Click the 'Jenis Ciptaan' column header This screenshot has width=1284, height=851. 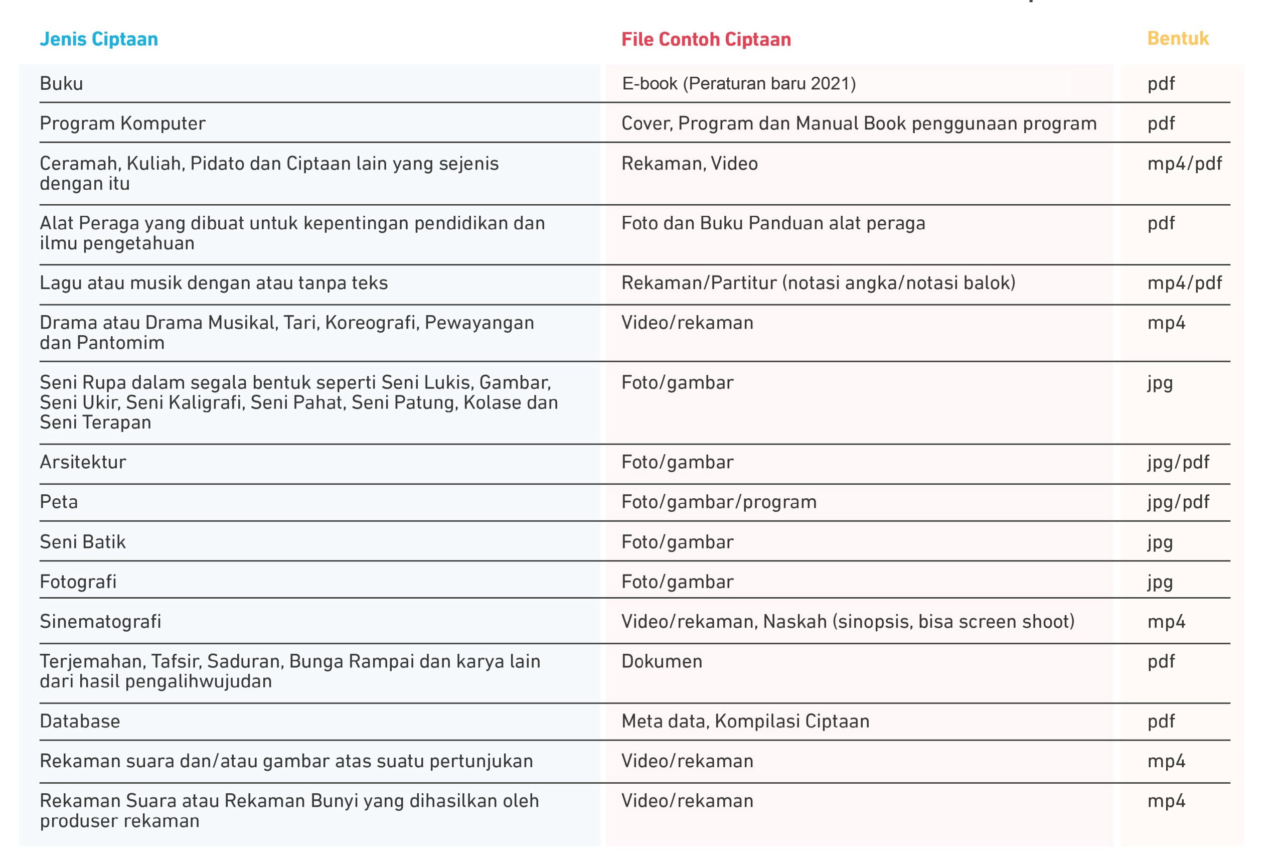(x=99, y=39)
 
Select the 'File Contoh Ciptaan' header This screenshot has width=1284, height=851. (x=706, y=39)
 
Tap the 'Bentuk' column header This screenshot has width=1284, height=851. (x=1178, y=39)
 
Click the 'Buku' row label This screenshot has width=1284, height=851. (x=61, y=84)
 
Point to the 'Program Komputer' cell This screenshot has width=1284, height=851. (x=122, y=123)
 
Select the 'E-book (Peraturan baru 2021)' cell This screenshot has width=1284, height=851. (x=738, y=84)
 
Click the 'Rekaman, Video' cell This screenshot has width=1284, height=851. (x=689, y=164)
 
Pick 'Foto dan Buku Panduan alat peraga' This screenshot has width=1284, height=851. (x=773, y=223)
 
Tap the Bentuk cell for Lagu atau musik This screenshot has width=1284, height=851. (x=1184, y=283)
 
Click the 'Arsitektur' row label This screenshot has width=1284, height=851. (x=82, y=462)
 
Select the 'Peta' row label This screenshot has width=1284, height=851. (x=59, y=501)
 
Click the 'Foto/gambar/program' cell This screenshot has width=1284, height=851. (x=719, y=501)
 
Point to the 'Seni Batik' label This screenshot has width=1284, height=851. (x=82, y=541)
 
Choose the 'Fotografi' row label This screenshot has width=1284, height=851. (x=78, y=581)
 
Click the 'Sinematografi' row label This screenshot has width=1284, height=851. (x=100, y=621)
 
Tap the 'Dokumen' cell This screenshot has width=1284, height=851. (x=661, y=661)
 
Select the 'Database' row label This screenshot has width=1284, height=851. (x=80, y=721)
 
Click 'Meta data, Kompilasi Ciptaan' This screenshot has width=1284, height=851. (x=745, y=721)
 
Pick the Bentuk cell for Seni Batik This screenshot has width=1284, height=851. (x=1160, y=541)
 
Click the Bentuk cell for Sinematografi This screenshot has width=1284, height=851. (x=1166, y=621)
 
